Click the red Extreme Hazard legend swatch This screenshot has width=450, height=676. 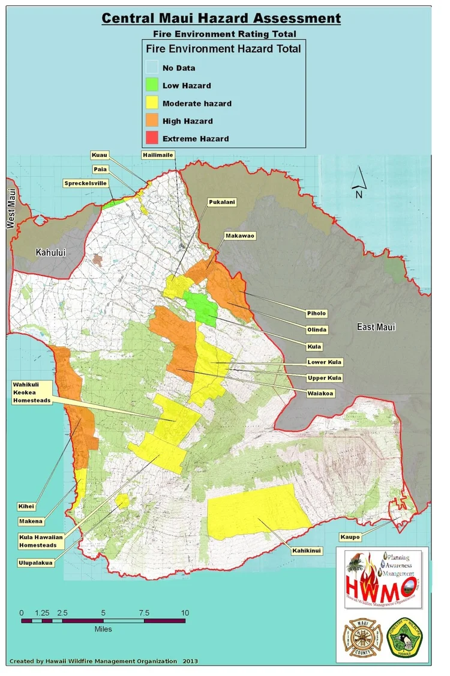pyautogui.click(x=152, y=138)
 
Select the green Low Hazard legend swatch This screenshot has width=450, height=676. pyautogui.click(x=152, y=85)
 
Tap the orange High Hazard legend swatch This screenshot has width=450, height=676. pyautogui.click(x=152, y=121)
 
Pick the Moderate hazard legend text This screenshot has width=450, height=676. pyautogui.click(x=197, y=103)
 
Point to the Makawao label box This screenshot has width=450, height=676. pyautogui.click(x=240, y=236)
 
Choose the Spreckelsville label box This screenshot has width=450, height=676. pyautogui.click(x=85, y=183)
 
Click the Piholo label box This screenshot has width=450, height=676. pyautogui.click(x=316, y=313)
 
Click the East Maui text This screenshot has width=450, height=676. pyautogui.click(x=376, y=327)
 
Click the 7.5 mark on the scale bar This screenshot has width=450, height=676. pyautogui.click(x=144, y=612)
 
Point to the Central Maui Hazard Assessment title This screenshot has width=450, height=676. pyautogui.click(x=221, y=19)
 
